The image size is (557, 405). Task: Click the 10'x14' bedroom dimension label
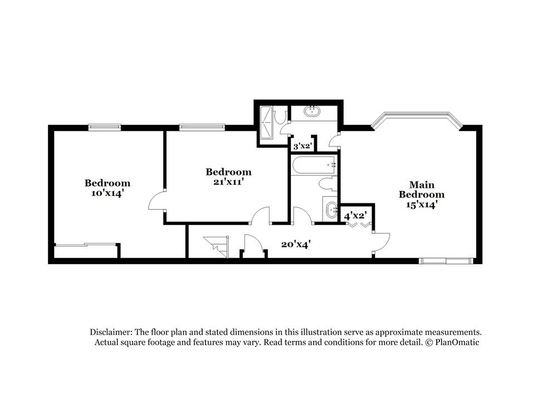pos(108,193)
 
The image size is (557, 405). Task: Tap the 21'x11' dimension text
pos(228,182)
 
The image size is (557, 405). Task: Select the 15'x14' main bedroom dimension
pos(421,204)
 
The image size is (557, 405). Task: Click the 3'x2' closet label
pos(302,146)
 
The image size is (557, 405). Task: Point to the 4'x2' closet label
pos(355,215)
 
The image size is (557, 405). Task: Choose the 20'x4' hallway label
pos(295,243)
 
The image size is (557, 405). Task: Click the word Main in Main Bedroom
pos(421,184)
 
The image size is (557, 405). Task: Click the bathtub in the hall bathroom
pos(314,165)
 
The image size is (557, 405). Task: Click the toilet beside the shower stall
pos(281,116)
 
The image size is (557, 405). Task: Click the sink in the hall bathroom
pos(331,210)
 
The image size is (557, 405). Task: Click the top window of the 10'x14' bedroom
pos(105,127)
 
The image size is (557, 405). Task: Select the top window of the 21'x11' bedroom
pos(202,127)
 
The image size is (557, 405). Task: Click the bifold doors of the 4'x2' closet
pos(358,225)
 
